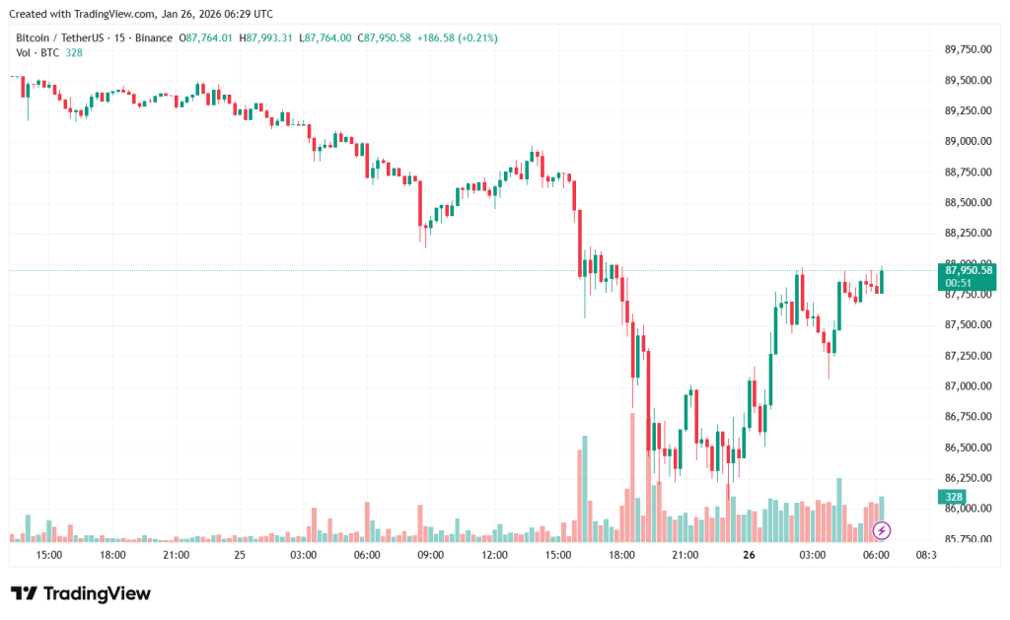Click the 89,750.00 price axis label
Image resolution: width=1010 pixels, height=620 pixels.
tap(967, 49)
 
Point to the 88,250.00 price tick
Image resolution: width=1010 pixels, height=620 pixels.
tap(967, 234)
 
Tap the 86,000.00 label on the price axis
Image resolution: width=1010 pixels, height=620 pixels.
tap(967, 509)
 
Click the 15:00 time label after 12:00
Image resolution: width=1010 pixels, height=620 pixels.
tap(558, 556)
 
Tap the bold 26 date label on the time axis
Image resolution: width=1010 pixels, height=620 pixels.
tap(749, 556)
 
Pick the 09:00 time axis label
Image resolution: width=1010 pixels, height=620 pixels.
tap(431, 556)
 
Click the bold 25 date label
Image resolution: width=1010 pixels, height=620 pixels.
tap(240, 556)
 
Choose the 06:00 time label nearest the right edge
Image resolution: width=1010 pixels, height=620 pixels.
tap(876, 556)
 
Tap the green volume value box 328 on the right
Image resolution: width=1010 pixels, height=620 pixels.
tap(954, 497)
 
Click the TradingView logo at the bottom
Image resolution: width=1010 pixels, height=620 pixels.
tap(81, 593)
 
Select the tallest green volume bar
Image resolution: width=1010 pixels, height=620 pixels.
tap(585, 488)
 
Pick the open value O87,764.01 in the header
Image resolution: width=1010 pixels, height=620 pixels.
tap(205, 37)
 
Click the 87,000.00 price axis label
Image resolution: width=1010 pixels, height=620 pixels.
tap(967, 386)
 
